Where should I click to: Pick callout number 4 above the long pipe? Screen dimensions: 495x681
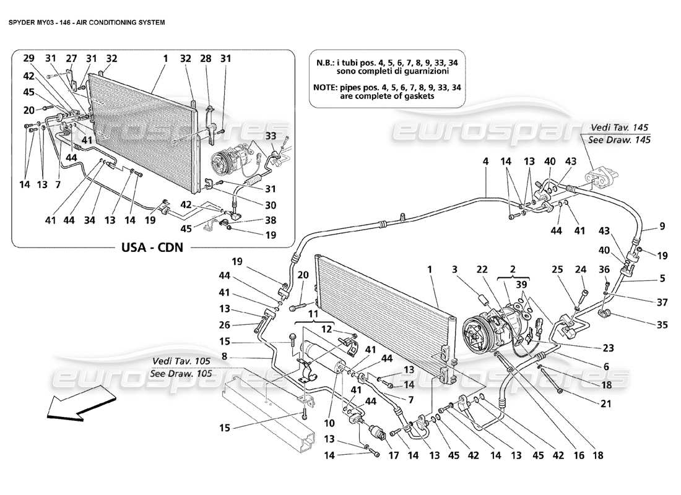(x=487, y=161)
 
